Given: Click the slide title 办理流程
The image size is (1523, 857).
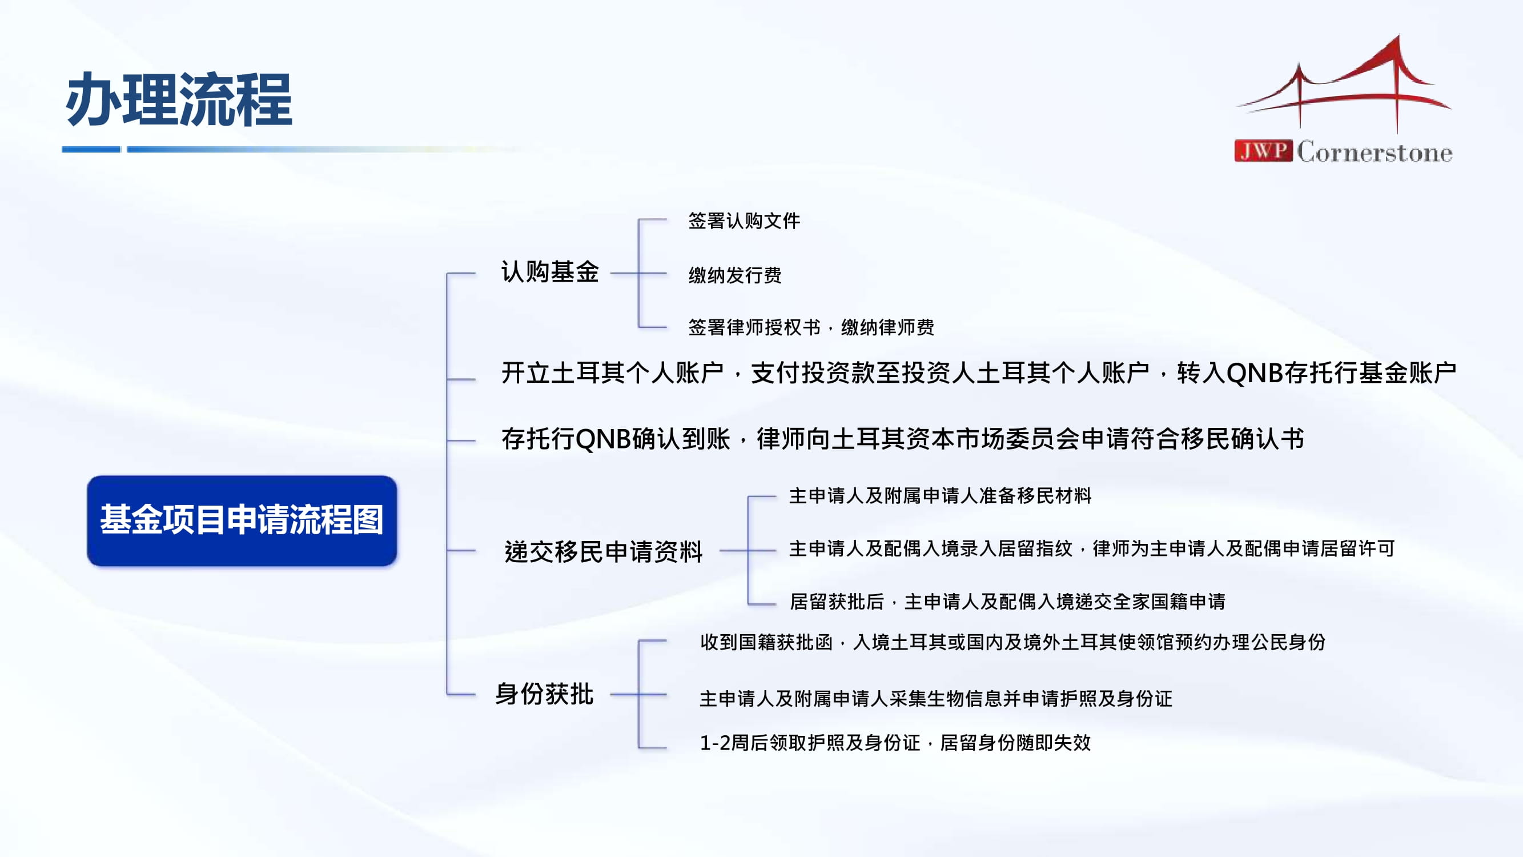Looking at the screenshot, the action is click(x=179, y=99).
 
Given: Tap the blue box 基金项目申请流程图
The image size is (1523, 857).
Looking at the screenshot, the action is click(x=242, y=520).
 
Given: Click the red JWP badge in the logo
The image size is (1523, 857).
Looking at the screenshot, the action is click(x=1263, y=151).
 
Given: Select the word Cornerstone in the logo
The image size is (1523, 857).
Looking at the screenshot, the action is click(x=1375, y=152).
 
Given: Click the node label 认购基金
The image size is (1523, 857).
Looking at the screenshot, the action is click(x=550, y=272).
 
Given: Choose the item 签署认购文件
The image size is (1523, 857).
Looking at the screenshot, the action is click(x=744, y=221).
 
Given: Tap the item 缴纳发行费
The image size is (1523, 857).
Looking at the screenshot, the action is click(x=735, y=275).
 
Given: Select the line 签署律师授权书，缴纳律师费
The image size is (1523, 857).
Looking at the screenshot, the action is click(x=811, y=327).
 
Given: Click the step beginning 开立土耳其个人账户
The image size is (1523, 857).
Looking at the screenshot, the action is click(x=978, y=373).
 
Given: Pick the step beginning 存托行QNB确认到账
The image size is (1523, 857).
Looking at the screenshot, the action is click(x=903, y=439).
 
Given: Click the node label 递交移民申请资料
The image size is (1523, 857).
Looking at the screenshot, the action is click(x=603, y=551).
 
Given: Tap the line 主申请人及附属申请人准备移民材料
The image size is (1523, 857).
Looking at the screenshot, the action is click(x=940, y=495).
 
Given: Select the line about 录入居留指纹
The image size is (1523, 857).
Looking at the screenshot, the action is click(x=1092, y=549).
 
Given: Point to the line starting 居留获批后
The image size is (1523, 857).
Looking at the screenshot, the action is click(x=1007, y=602).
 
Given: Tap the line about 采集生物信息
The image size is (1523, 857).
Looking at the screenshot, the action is click(x=936, y=699).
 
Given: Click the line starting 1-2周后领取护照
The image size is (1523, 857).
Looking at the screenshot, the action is click(x=895, y=742).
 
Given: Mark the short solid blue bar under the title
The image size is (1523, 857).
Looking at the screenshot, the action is click(x=91, y=150).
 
